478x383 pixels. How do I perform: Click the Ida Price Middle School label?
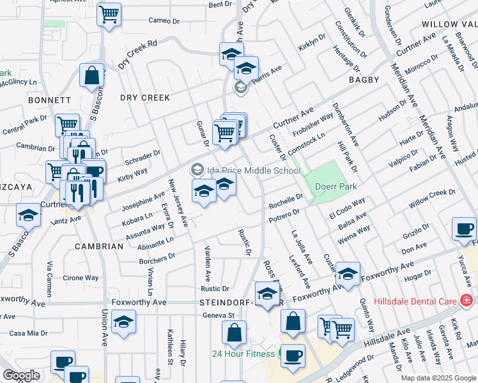[253, 170]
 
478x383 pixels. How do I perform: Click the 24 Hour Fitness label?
[245, 353]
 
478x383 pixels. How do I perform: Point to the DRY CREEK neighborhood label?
[145, 98]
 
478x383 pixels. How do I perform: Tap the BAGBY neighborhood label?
[364, 80]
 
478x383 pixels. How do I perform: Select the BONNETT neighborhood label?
[49, 100]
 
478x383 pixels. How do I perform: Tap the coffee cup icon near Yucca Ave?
[464, 229]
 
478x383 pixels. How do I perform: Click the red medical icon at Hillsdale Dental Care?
[467, 299]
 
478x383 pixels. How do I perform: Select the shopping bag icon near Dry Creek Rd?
[92, 75]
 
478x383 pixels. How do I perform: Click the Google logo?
[21, 375]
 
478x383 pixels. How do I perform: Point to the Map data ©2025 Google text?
[438, 377]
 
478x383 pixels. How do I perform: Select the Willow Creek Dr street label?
[432, 200]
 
